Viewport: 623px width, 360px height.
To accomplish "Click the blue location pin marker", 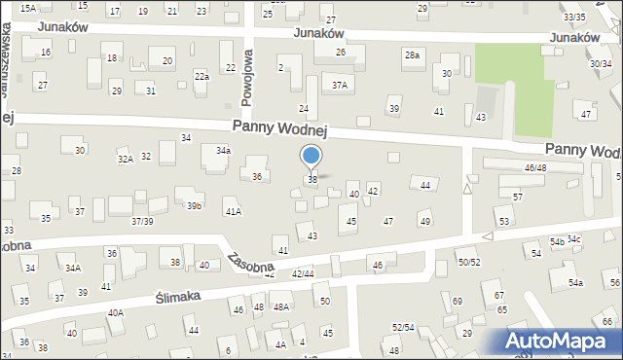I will (311, 157).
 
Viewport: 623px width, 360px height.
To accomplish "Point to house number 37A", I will (339, 86).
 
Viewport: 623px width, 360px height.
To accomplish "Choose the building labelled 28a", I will (413, 55).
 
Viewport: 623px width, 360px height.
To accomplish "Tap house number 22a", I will (202, 76).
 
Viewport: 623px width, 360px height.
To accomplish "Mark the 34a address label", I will (223, 151).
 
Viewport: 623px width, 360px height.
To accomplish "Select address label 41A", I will (233, 211).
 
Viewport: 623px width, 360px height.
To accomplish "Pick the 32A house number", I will (125, 159).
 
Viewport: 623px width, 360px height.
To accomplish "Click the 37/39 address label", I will (142, 222).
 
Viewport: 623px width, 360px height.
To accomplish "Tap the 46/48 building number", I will (535, 168).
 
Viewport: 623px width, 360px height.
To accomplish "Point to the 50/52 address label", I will (469, 262).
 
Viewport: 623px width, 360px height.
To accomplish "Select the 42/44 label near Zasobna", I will (302, 274).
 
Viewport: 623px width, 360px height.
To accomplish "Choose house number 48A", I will (280, 307).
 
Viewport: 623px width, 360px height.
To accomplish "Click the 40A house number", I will (116, 312).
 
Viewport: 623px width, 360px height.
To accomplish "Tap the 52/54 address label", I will (403, 327).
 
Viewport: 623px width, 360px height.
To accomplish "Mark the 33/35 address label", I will (574, 18).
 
